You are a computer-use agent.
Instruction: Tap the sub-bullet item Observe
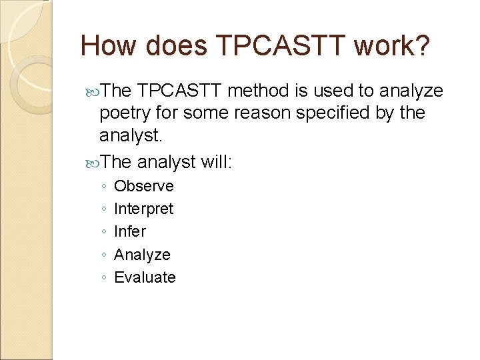coord(143,186)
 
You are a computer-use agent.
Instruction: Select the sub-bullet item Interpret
coord(143,209)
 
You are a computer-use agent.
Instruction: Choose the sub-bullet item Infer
coord(129,231)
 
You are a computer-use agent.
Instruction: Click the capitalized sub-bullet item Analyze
coord(142,255)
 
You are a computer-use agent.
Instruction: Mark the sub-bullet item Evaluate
coord(145,277)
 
